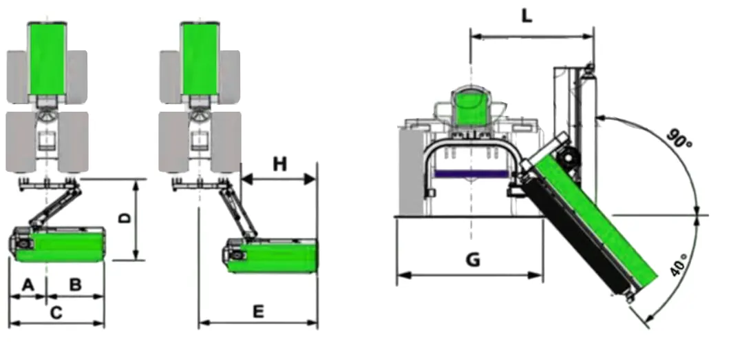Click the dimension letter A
pyautogui.click(x=28, y=284)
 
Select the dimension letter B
pyautogui.click(x=76, y=284)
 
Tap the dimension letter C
pyautogui.click(x=57, y=312)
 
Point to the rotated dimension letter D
pyautogui.click(x=125, y=218)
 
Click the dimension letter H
pyautogui.click(x=279, y=164)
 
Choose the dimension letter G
pyautogui.click(x=472, y=260)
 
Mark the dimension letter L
pyautogui.click(x=527, y=16)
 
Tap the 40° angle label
pyautogui.click(x=678, y=265)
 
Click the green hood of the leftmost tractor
pyautogui.click(x=47, y=59)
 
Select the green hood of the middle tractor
pyautogui.click(x=200, y=59)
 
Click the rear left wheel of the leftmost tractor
pyautogui.click(x=19, y=141)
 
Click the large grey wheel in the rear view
pyautogui.click(x=411, y=172)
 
